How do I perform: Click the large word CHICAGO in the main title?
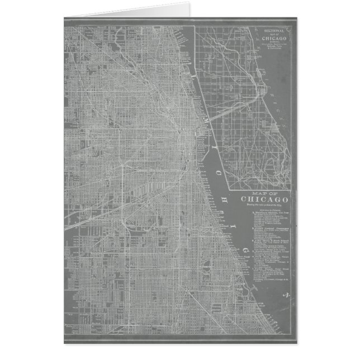[265, 201]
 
